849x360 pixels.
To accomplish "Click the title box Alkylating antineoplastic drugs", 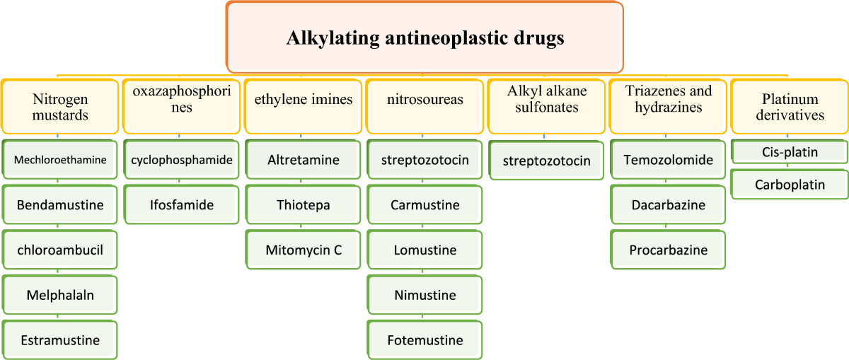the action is (424, 37).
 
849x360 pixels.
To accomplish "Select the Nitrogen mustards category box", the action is (60, 107).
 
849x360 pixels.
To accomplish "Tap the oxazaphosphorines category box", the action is (182, 107).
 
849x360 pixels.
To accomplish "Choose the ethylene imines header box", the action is (304, 107).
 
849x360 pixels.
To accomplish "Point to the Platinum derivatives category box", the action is (790, 107).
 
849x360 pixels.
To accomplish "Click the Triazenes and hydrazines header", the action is (668, 107).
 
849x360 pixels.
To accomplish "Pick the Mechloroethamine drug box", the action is (60, 160).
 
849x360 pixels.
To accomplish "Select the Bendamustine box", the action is (60, 204).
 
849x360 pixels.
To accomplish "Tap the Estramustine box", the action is (60, 340).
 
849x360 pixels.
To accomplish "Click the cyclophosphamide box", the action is (182, 160).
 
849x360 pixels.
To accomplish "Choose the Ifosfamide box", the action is (182, 204).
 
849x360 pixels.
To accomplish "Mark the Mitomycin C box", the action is (304, 250).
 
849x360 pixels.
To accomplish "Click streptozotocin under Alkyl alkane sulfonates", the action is (546, 161).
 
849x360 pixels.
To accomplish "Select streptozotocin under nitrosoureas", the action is (425, 160).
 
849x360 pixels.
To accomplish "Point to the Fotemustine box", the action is (425, 340).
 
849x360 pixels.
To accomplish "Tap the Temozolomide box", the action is (668, 160).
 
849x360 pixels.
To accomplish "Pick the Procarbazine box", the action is (668, 250).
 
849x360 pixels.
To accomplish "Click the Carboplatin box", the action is (790, 185).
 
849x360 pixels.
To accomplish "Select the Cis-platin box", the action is (790, 152).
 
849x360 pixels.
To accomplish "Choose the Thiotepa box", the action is (304, 204).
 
